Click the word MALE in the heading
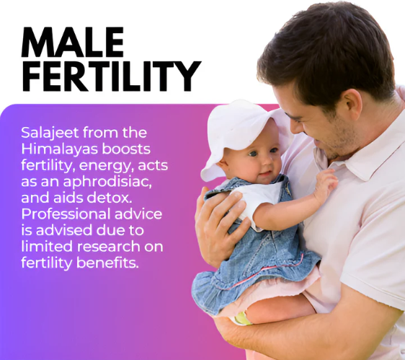point(73,42)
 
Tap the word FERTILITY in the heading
point(111,76)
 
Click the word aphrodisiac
point(107,182)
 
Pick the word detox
point(110,198)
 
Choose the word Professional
point(66,214)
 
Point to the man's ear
point(350,109)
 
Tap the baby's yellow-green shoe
point(242,319)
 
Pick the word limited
point(48,247)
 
